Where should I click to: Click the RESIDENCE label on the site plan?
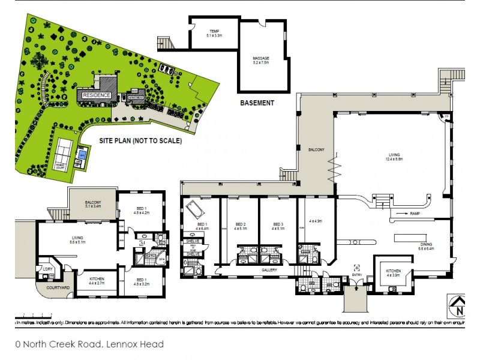96,95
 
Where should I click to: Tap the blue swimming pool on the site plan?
81,155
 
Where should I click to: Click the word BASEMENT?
257,103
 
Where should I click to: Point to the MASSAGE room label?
261,59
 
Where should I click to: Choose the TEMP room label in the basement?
214,34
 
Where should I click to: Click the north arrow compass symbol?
459,307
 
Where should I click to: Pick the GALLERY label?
268,270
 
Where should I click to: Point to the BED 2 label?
240,226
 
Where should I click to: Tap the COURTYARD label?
57,289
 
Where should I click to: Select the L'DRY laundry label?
44,269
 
